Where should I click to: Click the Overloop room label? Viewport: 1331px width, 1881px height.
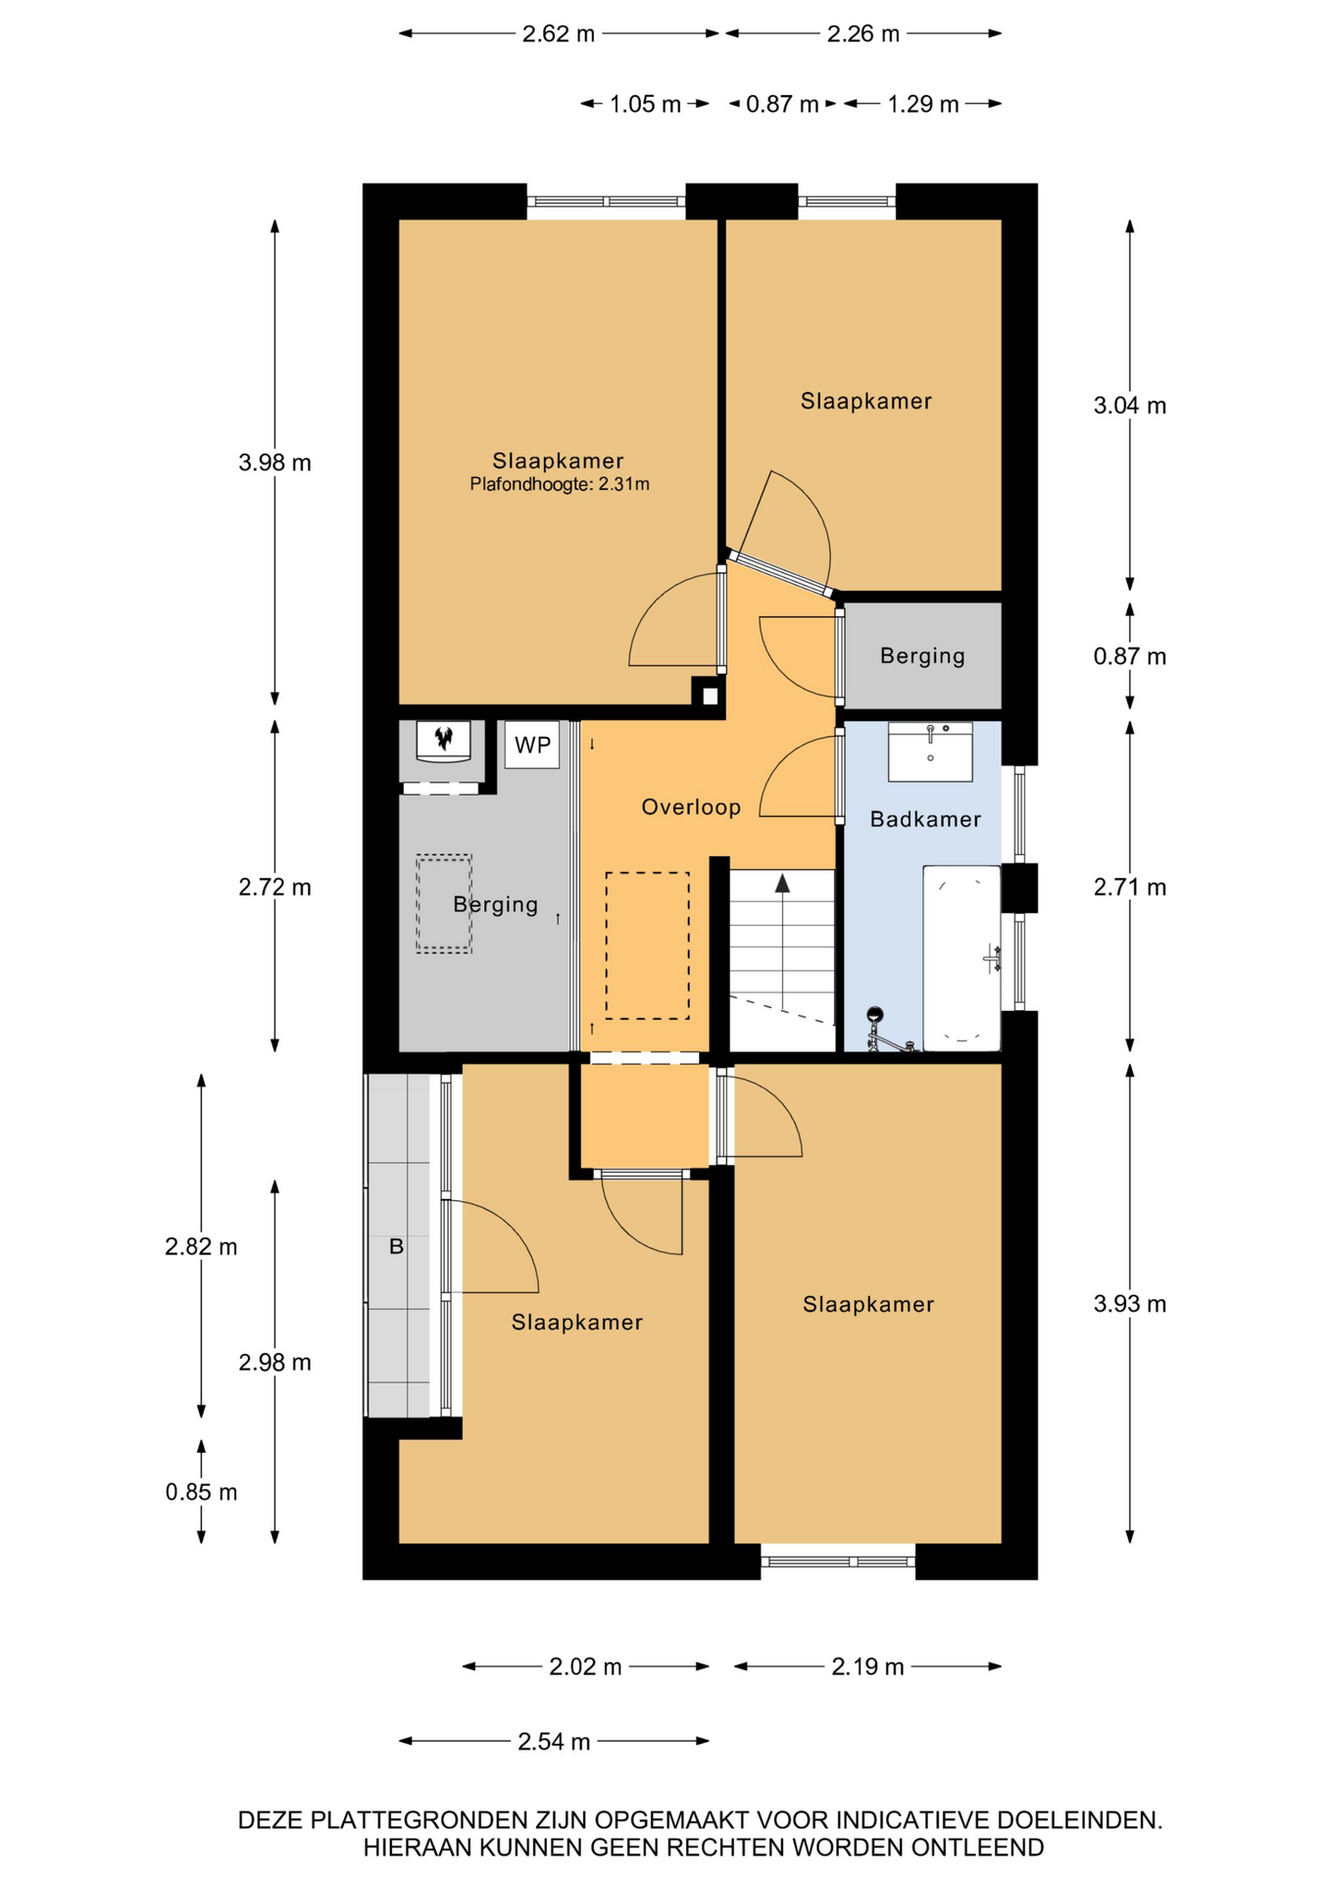point(691,807)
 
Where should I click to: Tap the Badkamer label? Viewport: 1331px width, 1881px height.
point(925,819)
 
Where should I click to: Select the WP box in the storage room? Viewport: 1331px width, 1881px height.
point(532,745)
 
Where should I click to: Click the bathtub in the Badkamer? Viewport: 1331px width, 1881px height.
point(961,957)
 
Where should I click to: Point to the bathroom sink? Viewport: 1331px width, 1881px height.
point(930,752)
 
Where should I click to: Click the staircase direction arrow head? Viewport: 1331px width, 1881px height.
point(782,884)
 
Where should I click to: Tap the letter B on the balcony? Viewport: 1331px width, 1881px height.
point(396,1247)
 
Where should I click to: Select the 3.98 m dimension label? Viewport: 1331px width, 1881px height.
point(274,462)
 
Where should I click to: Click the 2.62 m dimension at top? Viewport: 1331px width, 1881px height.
point(559,34)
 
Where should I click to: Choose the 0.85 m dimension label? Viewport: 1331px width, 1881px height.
point(201,1492)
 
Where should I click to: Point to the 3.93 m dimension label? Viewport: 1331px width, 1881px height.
point(1130,1304)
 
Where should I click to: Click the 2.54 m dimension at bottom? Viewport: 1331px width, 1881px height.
point(554,1741)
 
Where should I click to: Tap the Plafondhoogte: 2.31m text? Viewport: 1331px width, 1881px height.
point(560,484)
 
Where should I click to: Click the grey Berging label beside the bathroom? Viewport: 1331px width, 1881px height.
point(922,655)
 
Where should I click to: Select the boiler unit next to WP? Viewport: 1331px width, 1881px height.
point(444,741)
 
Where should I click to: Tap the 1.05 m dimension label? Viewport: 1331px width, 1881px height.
point(645,104)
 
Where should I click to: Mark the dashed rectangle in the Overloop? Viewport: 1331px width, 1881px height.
point(647,945)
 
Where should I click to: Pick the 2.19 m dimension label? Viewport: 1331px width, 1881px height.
point(867,1666)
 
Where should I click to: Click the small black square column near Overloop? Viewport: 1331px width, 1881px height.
point(709,696)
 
